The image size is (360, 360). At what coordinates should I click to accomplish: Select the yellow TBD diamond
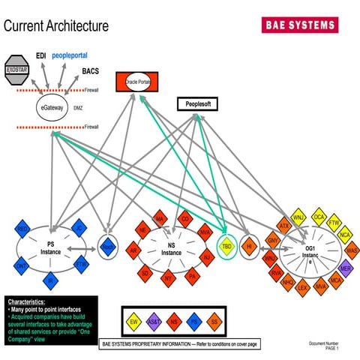226,246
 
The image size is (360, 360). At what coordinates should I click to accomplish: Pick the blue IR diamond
51,281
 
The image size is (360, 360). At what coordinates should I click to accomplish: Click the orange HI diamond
249,246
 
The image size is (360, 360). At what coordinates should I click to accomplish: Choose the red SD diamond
145,274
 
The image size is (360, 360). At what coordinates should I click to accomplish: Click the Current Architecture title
56,25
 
